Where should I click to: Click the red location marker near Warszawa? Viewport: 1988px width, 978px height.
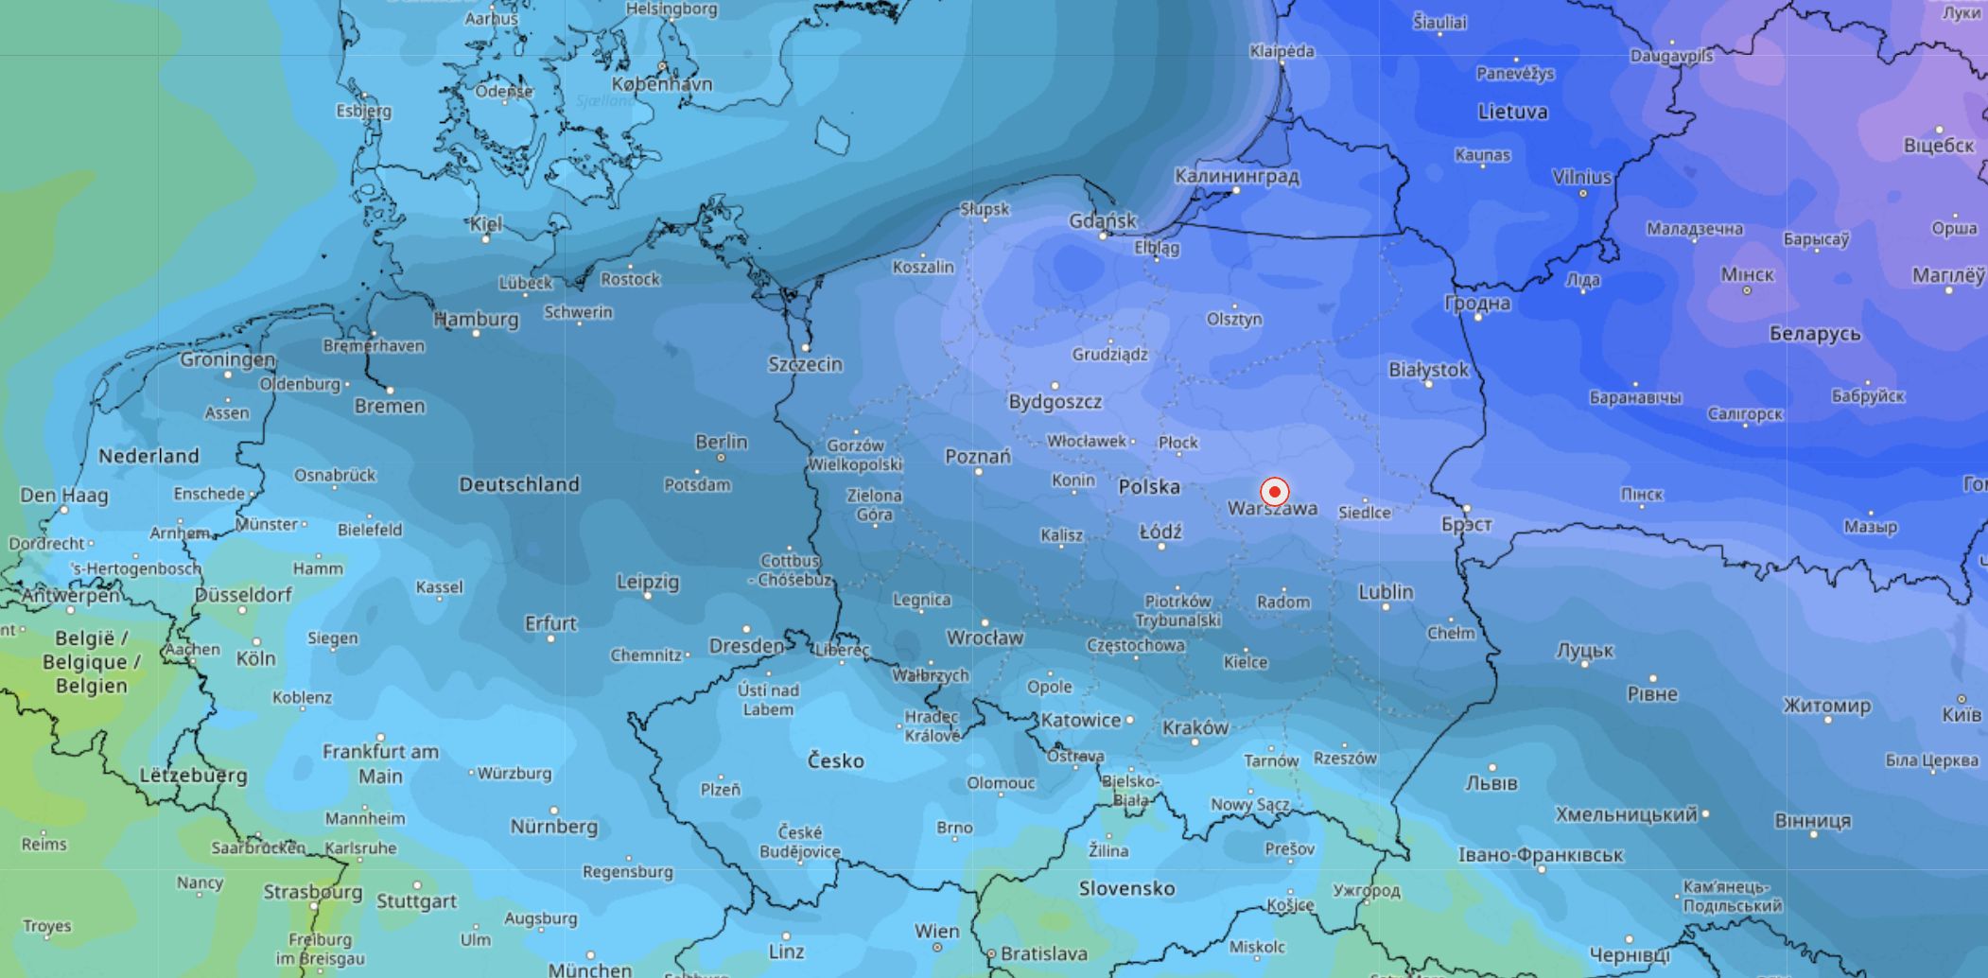(1274, 492)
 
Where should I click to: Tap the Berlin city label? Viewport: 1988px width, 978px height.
(721, 442)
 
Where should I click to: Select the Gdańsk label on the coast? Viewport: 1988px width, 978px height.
(1102, 220)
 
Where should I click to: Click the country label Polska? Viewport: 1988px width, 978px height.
(1148, 487)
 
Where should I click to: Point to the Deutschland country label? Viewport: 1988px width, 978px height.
(518, 484)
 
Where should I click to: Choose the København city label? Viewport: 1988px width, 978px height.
(661, 84)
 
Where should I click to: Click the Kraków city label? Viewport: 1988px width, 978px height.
(1195, 727)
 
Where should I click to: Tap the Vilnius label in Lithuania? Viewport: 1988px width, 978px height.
(1581, 177)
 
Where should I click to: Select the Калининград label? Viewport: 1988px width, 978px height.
(1236, 176)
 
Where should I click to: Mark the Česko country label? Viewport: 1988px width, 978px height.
(835, 760)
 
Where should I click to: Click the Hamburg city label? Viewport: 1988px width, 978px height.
(476, 320)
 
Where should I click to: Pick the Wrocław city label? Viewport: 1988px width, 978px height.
(985, 637)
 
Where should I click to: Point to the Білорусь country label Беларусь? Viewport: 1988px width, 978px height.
(1814, 334)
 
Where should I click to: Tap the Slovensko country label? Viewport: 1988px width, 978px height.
(1126, 888)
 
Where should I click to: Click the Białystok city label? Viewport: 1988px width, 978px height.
(1428, 370)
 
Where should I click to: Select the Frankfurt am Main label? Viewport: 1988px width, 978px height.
(380, 763)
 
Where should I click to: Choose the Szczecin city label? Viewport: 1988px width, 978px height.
(804, 364)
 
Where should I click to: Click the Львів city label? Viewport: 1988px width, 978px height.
(1491, 783)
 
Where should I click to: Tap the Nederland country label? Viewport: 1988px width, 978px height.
(148, 456)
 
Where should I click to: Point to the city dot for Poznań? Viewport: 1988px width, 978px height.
(979, 471)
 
